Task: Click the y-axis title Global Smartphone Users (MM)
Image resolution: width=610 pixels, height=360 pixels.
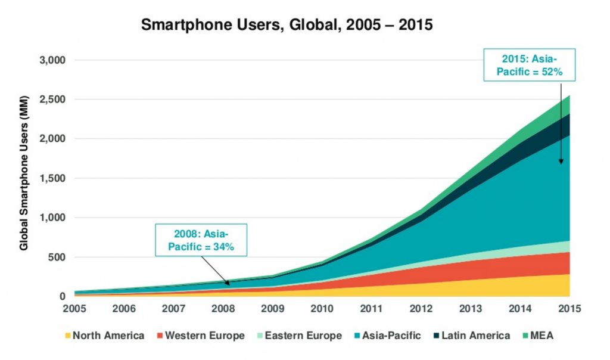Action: click(25, 179)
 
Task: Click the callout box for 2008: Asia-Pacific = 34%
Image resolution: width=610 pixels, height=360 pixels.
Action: click(202, 240)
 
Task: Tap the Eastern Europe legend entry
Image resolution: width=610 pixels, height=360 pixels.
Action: click(301, 336)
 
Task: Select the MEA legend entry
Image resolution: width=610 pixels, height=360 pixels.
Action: click(543, 336)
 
